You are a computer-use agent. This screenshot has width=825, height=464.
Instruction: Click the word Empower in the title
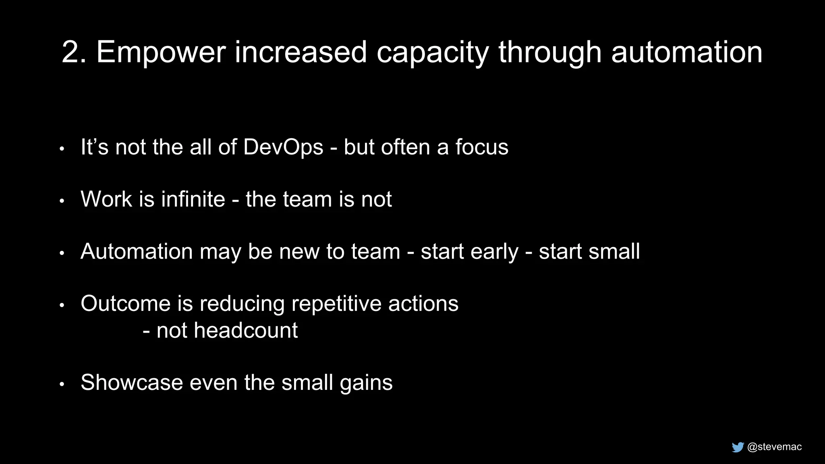(161, 52)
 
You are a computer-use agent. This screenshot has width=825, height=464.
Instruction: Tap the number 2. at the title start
(74, 52)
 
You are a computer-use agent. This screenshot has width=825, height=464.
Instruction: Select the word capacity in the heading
(433, 53)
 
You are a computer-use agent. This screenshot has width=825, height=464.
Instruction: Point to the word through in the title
(550, 53)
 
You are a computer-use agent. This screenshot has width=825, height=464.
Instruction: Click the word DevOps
(283, 147)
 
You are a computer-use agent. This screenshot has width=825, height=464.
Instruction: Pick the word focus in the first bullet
(482, 147)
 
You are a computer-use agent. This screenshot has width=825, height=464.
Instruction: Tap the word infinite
(193, 199)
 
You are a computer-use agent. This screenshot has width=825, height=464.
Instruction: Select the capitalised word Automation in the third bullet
(137, 251)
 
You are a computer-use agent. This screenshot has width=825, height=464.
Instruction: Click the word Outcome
(125, 303)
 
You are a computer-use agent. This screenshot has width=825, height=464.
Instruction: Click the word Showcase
(132, 382)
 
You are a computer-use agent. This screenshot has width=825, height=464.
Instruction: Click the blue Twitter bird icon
(738, 447)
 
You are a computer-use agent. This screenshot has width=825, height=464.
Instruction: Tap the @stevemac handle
(774, 447)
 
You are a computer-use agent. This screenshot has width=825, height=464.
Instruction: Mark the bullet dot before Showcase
(62, 384)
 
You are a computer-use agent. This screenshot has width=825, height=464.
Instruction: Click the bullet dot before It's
(62, 149)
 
